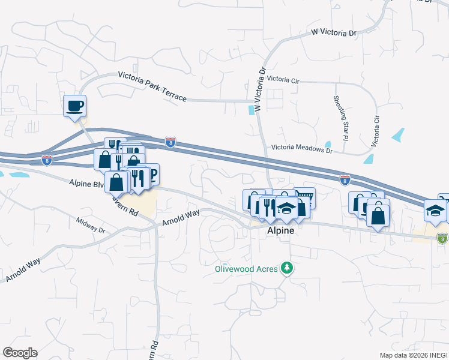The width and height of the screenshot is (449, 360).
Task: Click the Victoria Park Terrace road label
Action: pos(152,86)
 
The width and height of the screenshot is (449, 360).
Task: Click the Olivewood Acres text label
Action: pos(247,269)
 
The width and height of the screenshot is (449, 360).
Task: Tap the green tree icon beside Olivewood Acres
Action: pos(288,268)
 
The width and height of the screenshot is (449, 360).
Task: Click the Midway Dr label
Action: pos(91,226)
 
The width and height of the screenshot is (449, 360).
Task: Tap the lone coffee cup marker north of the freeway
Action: pos(75,106)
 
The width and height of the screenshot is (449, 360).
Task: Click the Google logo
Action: pos(20,352)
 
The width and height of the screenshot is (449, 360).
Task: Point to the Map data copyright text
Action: pos(413,355)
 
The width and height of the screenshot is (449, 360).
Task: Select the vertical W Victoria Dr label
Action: pos(260,89)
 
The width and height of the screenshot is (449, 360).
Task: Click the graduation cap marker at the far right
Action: pos(435,209)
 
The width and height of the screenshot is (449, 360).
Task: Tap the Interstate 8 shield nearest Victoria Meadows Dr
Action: pos(345,179)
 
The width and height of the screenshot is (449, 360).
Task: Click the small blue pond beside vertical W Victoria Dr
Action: pos(250,110)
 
